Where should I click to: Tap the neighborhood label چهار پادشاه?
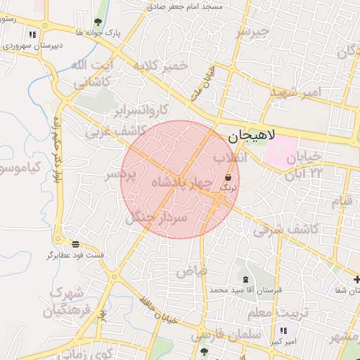[x=181, y=183]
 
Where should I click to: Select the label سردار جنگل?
[x=157, y=217]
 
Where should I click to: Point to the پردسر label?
[x=119, y=174]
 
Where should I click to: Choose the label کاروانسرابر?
[x=143, y=110]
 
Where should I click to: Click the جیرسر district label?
[x=253, y=32]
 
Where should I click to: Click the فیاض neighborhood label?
[x=191, y=270]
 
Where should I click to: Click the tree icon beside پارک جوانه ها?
[x=98, y=22]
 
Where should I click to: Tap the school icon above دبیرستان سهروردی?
[x=32, y=34]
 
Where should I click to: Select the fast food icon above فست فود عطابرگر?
[x=56, y=244]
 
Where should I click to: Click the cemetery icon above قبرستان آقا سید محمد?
[x=245, y=279]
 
